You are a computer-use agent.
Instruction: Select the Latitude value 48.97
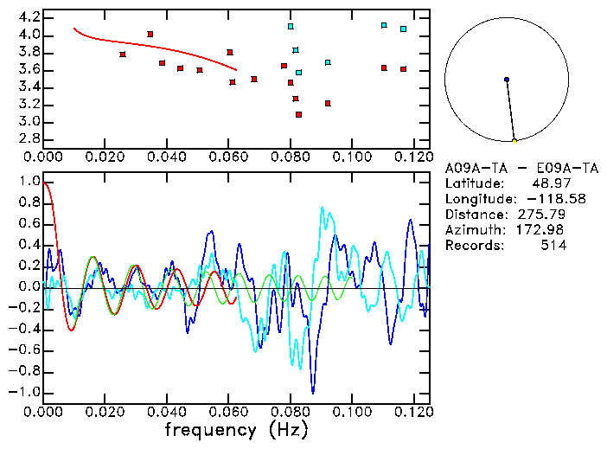[547, 183]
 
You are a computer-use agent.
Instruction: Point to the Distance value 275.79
[541, 215]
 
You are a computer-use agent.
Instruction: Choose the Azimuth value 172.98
[541, 230]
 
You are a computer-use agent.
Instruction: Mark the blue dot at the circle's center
[507, 80]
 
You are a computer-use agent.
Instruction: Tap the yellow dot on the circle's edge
[514, 140]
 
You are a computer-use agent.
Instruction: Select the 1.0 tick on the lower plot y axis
[29, 183]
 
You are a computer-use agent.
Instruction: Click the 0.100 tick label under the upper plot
[352, 157]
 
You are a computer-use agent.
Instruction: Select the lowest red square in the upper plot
[298, 114]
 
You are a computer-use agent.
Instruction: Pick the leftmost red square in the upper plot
[123, 55]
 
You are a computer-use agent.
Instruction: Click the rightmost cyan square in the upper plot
[403, 29]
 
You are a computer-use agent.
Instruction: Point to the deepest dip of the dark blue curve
[313, 393]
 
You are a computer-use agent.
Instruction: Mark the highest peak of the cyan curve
[322, 208]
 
